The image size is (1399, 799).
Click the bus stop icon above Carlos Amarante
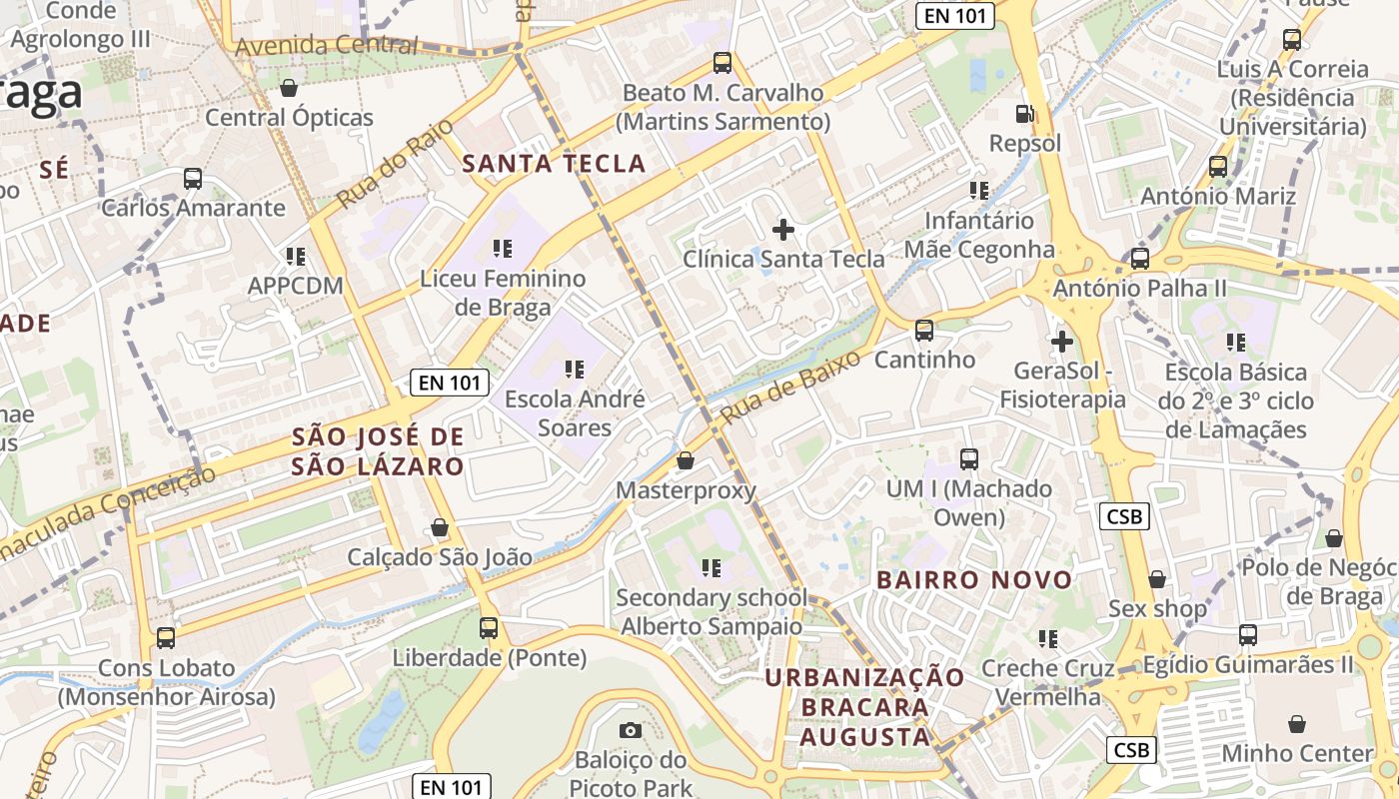coord(193,180)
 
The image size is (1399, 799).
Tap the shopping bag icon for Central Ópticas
coord(289,88)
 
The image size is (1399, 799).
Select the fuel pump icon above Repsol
coord(1024,114)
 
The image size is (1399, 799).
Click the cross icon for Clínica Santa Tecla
coord(783,230)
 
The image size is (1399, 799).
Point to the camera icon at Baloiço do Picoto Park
coord(631,730)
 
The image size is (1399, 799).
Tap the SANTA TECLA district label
coord(554,164)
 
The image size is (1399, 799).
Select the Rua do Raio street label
coord(394,164)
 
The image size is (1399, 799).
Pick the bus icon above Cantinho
coord(924,330)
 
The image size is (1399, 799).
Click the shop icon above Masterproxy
coord(686,460)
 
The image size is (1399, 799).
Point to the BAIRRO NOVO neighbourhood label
coord(973,579)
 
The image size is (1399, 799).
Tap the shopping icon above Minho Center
coord(1297,724)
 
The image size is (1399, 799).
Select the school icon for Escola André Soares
coord(574,370)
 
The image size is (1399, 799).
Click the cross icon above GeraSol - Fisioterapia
coord(1061,342)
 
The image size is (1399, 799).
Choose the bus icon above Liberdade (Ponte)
coord(489,628)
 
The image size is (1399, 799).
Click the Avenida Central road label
coord(326,45)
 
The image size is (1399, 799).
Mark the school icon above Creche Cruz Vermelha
coord(1047,638)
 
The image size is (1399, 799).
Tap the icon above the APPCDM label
coord(295,257)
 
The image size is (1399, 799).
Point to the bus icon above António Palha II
coord(1139,259)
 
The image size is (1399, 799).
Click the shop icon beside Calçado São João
coord(440,527)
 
